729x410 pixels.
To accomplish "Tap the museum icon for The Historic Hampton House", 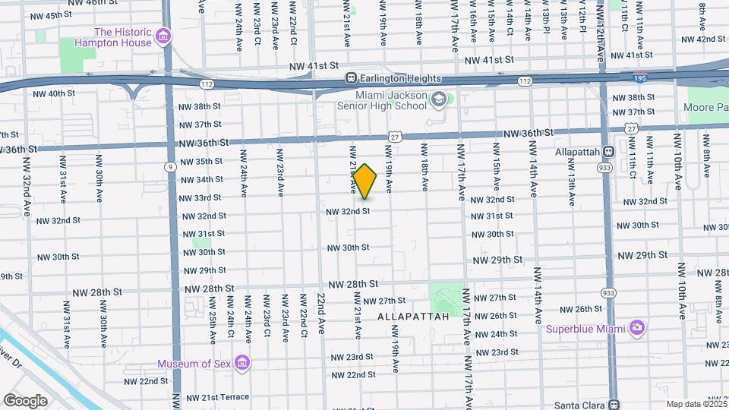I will [162, 37].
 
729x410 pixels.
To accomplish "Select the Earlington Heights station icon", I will [351, 78].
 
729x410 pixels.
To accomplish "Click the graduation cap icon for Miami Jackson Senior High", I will [439, 100].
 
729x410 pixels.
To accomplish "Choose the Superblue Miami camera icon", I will [637, 328].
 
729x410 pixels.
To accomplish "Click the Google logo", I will [25, 400].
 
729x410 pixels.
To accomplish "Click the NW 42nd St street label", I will [703, 39].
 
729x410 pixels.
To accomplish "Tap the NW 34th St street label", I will [201, 179].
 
